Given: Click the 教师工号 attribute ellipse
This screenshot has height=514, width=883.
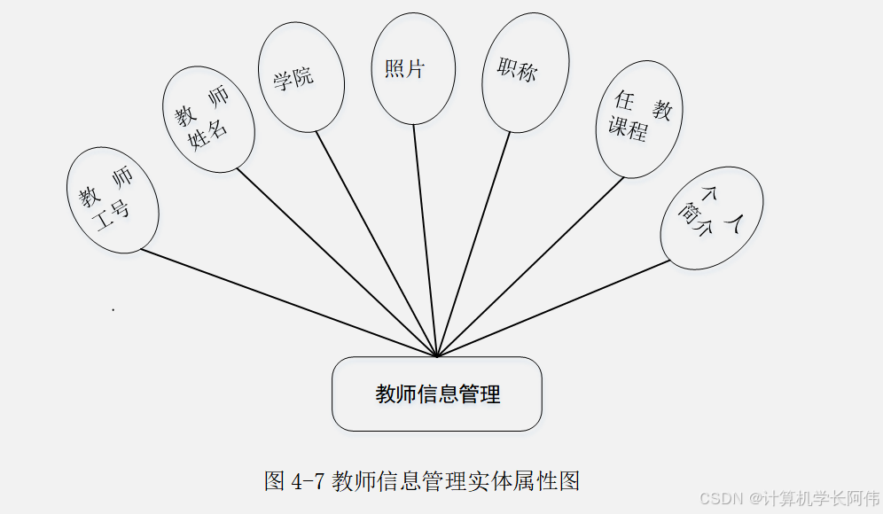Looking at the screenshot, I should click(113, 201).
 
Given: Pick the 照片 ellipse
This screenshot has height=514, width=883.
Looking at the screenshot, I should click(413, 69).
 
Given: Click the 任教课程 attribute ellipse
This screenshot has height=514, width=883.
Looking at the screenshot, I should click(638, 119).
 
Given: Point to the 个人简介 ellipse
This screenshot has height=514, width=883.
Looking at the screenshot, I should click(712, 217).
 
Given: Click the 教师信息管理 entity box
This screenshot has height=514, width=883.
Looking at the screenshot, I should click(437, 394).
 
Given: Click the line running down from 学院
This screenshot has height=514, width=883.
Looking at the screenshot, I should click(377, 244).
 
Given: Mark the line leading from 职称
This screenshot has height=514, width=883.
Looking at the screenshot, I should click(474, 244).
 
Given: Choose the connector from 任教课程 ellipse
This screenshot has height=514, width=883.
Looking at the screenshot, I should click(532, 266).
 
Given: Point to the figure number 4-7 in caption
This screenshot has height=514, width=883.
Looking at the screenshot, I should click(308, 481).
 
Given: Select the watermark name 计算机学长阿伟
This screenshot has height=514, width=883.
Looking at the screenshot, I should click(817, 498).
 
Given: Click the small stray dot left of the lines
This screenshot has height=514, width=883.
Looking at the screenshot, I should click(113, 309).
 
